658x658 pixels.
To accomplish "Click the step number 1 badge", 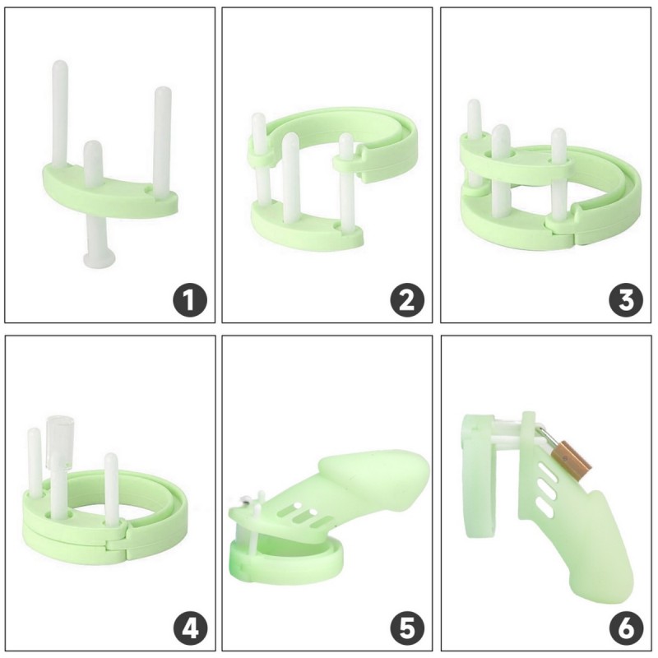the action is (x=190, y=299).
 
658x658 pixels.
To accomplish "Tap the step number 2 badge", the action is (x=407, y=299).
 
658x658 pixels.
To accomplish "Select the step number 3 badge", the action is (x=626, y=299).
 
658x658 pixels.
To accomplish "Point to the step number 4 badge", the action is (x=190, y=628).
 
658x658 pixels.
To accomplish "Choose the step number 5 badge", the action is (x=407, y=628).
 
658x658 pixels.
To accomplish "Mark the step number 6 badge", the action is (x=626, y=628).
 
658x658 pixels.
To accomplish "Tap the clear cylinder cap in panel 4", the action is (x=59, y=442).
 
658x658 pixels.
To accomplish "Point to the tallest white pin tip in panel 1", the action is (x=60, y=66).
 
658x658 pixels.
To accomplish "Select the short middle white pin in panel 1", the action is (x=93, y=164).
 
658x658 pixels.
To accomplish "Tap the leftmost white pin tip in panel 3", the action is (x=475, y=106).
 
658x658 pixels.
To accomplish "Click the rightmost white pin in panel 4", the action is (x=111, y=489).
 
